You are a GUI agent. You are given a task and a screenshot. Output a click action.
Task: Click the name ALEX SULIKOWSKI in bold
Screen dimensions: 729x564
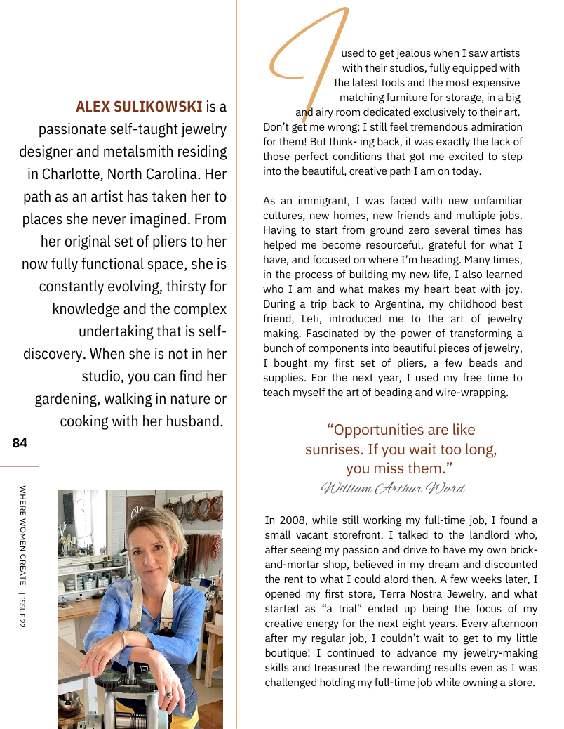pos(139,107)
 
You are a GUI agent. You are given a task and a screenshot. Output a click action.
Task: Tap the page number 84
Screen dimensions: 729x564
pos(20,443)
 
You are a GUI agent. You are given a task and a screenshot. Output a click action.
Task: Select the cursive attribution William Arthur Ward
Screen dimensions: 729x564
pos(393,488)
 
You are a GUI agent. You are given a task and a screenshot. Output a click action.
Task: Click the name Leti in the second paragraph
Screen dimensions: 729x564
pos(306,318)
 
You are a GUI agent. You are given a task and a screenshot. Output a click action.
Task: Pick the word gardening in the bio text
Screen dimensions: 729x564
pos(67,399)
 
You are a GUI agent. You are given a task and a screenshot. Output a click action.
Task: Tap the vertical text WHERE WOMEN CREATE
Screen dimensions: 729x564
pos(23,534)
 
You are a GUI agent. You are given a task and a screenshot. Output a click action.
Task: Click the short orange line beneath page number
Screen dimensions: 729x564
pos(20,466)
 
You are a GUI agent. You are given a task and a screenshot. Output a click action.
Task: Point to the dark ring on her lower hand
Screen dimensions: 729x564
pos(168,695)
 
